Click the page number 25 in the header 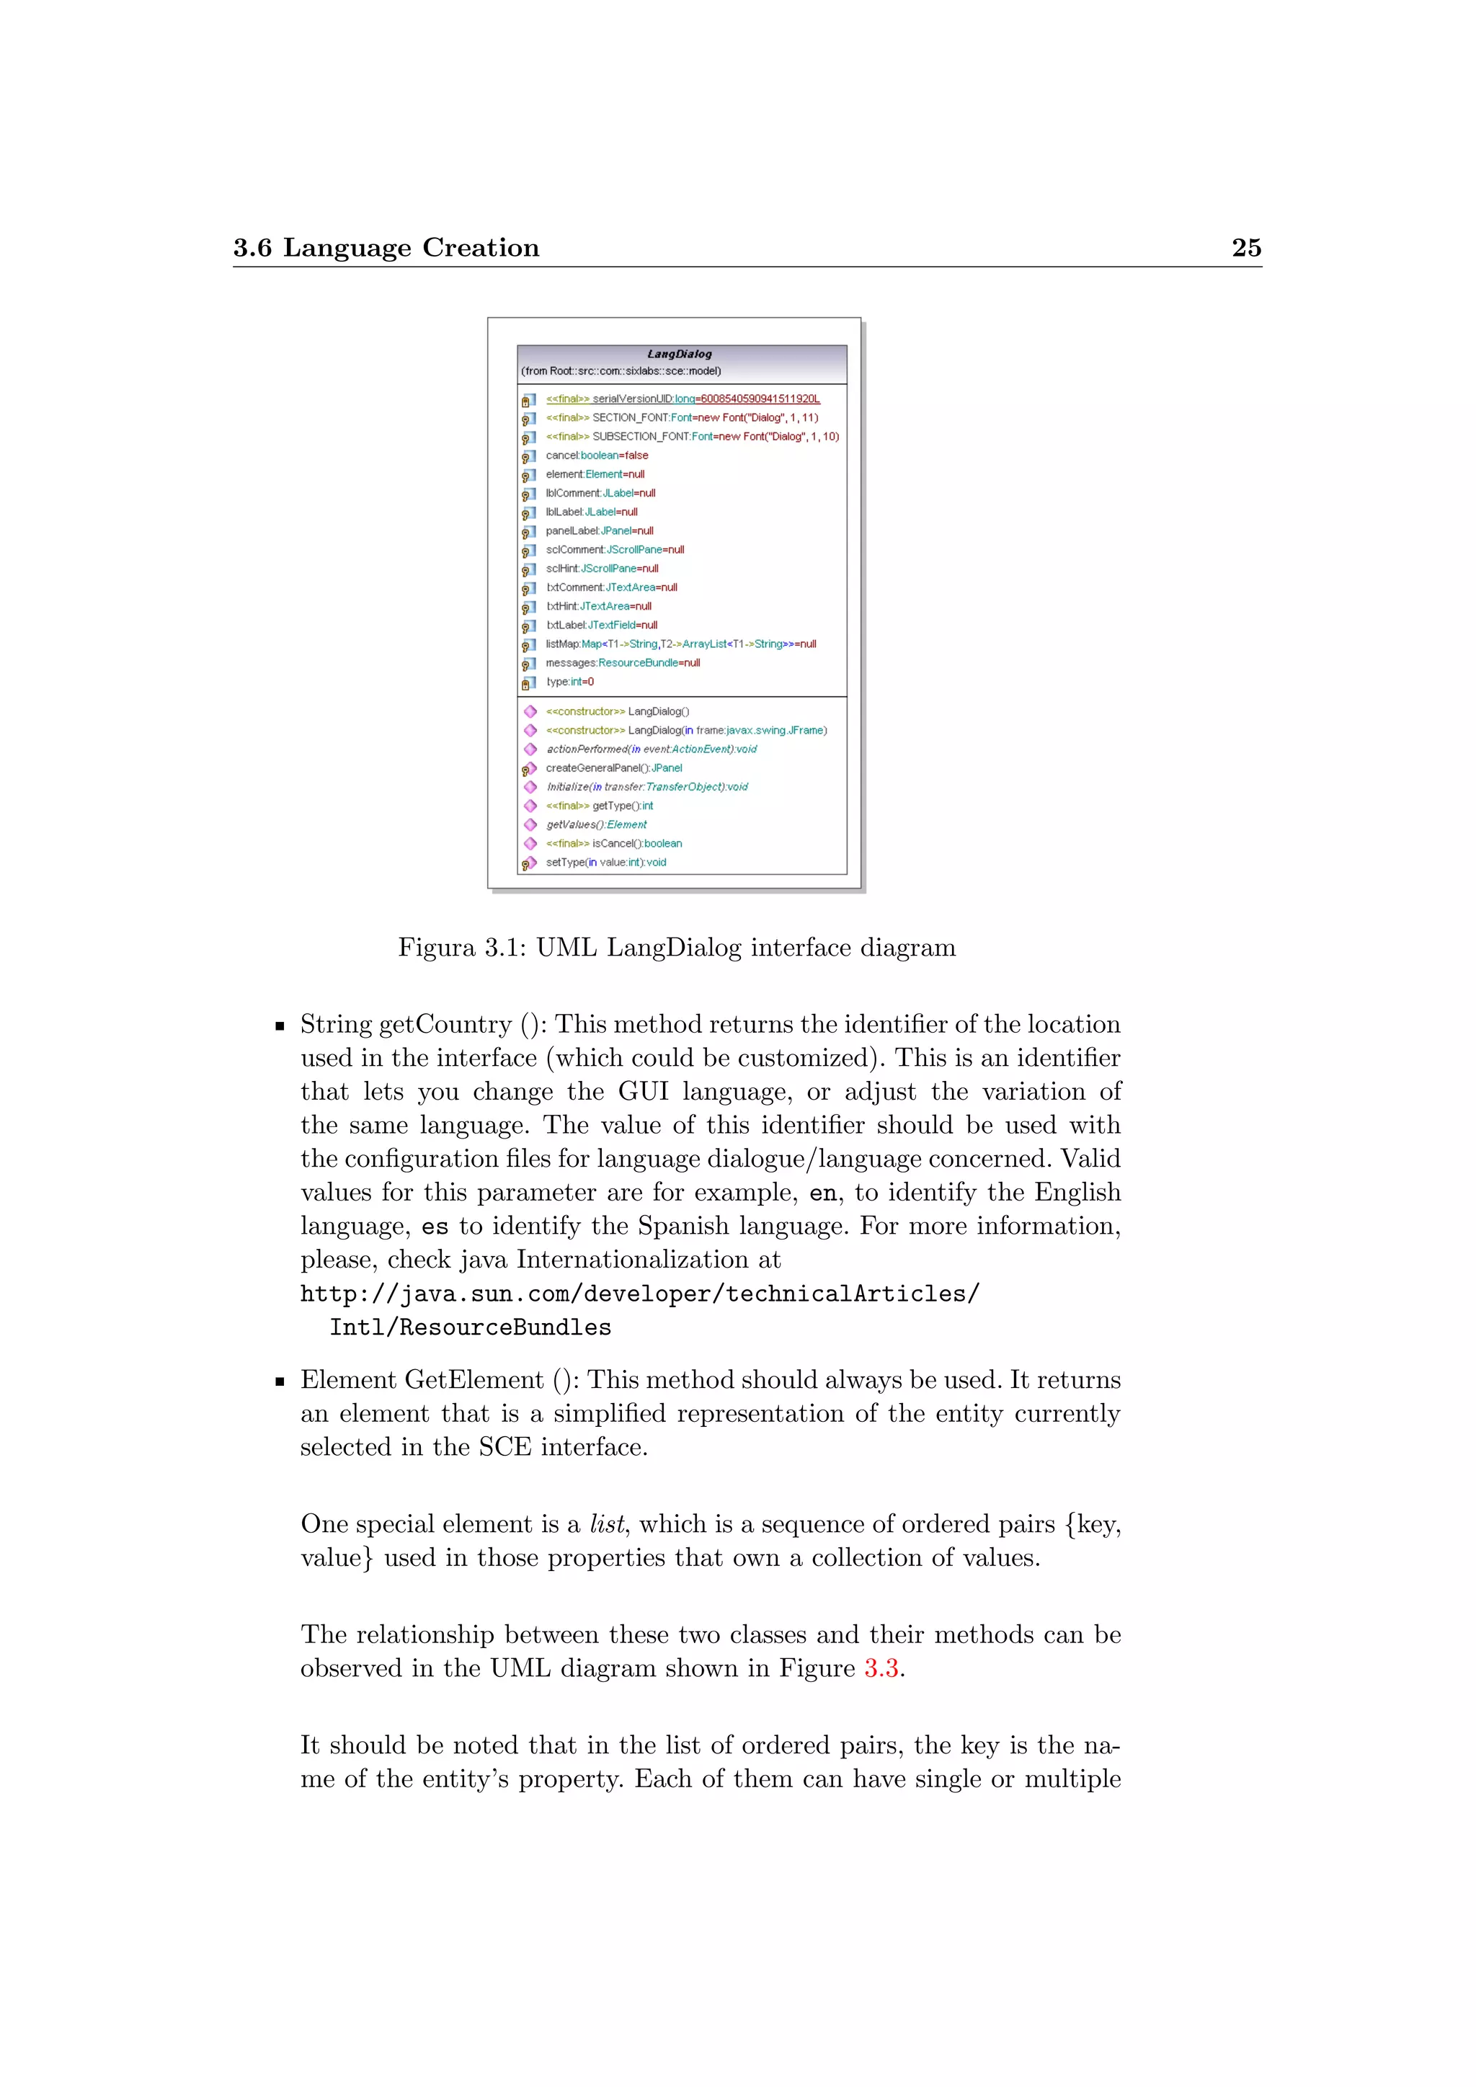[1245, 247]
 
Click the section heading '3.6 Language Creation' [386, 247]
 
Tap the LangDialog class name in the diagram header [679, 354]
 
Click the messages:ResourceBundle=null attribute [623, 664]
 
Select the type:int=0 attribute [570, 682]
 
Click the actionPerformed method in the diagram [651, 749]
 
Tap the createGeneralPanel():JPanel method [613, 768]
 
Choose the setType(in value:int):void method [605, 863]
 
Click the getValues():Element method [596, 824]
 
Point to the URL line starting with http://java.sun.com [640, 1294]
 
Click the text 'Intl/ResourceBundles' [470, 1327]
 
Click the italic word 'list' [606, 1524]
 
